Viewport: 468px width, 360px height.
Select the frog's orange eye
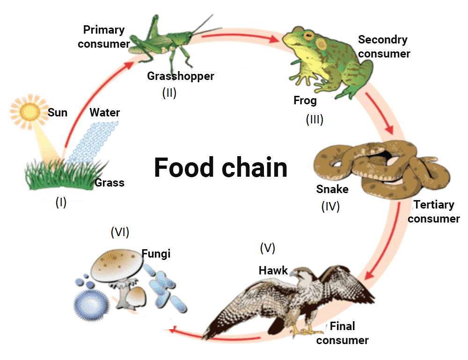coord(307,36)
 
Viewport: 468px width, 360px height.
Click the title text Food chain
coord(220,167)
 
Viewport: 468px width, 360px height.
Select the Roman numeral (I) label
coord(61,202)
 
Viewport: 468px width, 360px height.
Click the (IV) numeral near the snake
coord(330,206)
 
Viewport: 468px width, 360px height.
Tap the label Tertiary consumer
coord(434,211)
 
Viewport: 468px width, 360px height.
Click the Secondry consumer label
coord(384,46)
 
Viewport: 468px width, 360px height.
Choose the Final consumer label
coord(343,333)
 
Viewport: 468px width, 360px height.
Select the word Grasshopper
coord(180,76)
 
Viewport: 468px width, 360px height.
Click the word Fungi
coord(156,254)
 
